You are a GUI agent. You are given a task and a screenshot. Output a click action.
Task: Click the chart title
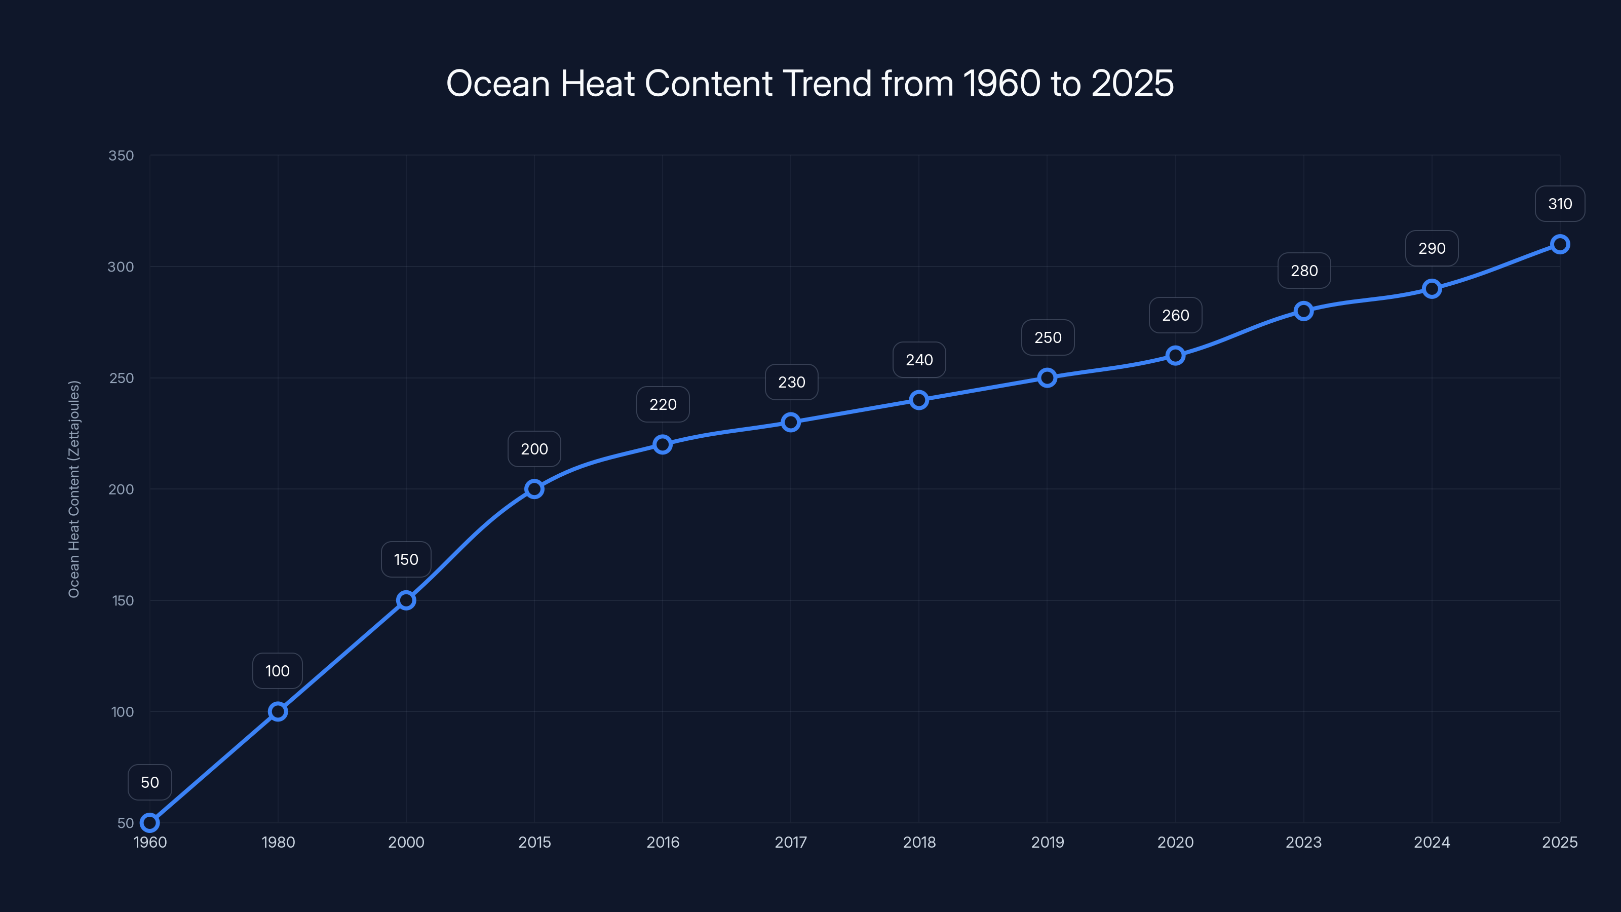(810, 83)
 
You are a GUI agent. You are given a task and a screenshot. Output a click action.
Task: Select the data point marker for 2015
(534, 489)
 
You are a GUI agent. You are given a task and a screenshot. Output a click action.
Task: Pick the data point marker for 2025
(1559, 244)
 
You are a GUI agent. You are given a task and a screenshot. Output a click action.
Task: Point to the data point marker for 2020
(1175, 356)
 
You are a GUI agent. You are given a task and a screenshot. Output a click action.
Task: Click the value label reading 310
(1559, 204)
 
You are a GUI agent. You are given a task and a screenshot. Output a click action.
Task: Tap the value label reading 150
(406, 559)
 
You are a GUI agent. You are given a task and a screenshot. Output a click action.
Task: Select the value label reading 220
(663, 405)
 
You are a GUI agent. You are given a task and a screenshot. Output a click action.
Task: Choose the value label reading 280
(1304, 271)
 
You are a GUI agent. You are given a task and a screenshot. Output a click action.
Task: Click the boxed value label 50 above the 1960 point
(150, 782)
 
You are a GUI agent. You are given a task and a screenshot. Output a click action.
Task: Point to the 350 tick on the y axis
(121, 156)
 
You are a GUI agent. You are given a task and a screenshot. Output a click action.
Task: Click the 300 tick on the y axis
(121, 267)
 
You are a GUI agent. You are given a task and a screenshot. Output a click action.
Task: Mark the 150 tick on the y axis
(123, 600)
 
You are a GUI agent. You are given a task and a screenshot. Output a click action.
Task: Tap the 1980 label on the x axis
(278, 842)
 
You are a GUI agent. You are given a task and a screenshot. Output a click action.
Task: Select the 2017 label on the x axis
(790, 842)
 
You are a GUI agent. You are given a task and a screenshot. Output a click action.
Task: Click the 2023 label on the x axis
(1303, 842)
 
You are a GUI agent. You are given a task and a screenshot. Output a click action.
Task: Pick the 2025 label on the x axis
(1559, 842)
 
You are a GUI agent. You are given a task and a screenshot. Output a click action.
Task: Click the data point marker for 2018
(919, 400)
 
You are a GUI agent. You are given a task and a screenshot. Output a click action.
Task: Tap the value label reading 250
(1048, 338)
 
